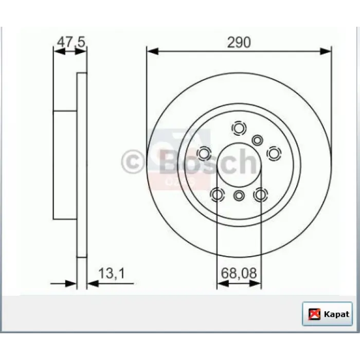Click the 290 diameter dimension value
239,43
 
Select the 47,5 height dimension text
71,42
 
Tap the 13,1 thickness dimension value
112,274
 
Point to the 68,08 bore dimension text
239,273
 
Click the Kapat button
327,314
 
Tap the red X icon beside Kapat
314,314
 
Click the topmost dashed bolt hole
239,128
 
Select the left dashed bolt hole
204,153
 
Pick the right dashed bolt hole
274,153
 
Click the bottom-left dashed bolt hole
217,195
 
